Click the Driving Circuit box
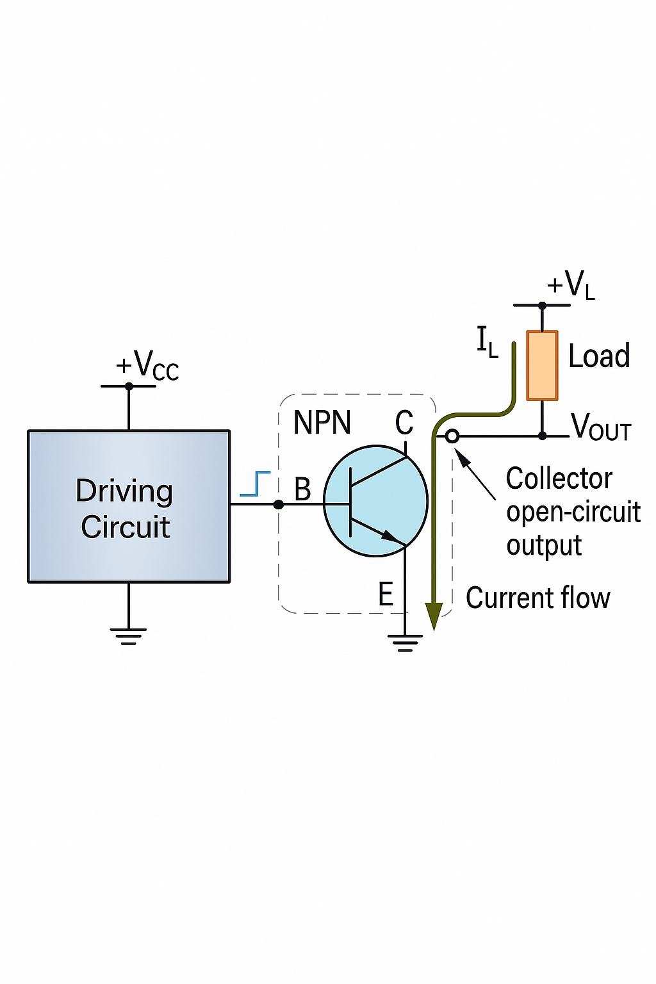click(x=129, y=506)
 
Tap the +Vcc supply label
click(x=147, y=366)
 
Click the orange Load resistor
click(x=542, y=366)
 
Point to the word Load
click(x=599, y=356)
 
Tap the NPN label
click(x=322, y=423)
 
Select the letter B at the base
click(x=302, y=490)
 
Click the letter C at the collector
click(x=404, y=423)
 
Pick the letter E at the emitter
click(x=386, y=594)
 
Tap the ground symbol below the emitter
click(x=405, y=643)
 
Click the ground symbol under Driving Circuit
click(x=129, y=636)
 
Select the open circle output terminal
click(x=452, y=436)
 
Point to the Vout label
click(x=601, y=427)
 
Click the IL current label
click(x=487, y=341)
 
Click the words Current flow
click(x=537, y=598)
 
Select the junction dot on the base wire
click(x=278, y=505)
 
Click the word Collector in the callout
click(x=559, y=479)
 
